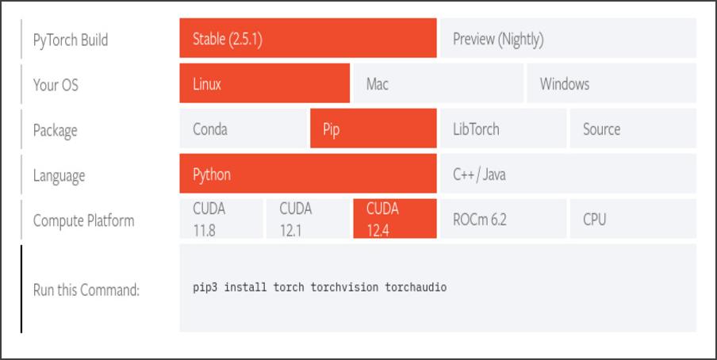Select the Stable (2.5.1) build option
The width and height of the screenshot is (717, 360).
[x=308, y=39]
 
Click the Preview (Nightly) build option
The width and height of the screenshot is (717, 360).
[x=567, y=39]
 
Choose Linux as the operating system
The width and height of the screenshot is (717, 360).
[x=264, y=84]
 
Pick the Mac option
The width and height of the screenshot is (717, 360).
[x=437, y=84]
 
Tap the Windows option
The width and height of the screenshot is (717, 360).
[x=611, y=84]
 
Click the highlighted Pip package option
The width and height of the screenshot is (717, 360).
[x=373, y=129]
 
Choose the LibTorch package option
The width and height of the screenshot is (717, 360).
[x=502, y=129]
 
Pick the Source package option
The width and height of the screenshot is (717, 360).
[x=632, y=129]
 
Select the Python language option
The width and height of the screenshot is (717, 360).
[x=308, y=174]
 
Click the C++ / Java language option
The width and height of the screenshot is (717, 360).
[x=567, y=174]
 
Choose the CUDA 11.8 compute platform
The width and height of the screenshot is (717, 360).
[x=221, y=220]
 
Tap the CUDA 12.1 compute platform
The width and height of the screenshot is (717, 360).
[x=308, y=220]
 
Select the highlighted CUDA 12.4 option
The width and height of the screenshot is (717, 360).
[x=394, y=220]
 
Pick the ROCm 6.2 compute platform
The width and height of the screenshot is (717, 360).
[x=502, y=220]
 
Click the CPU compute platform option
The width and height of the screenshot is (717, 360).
[x=632, y=220]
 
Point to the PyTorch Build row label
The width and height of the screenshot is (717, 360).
[x=70, y=40]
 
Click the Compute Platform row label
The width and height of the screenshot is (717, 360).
[x=83, y=220]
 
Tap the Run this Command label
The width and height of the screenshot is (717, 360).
[x=86, y=289]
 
